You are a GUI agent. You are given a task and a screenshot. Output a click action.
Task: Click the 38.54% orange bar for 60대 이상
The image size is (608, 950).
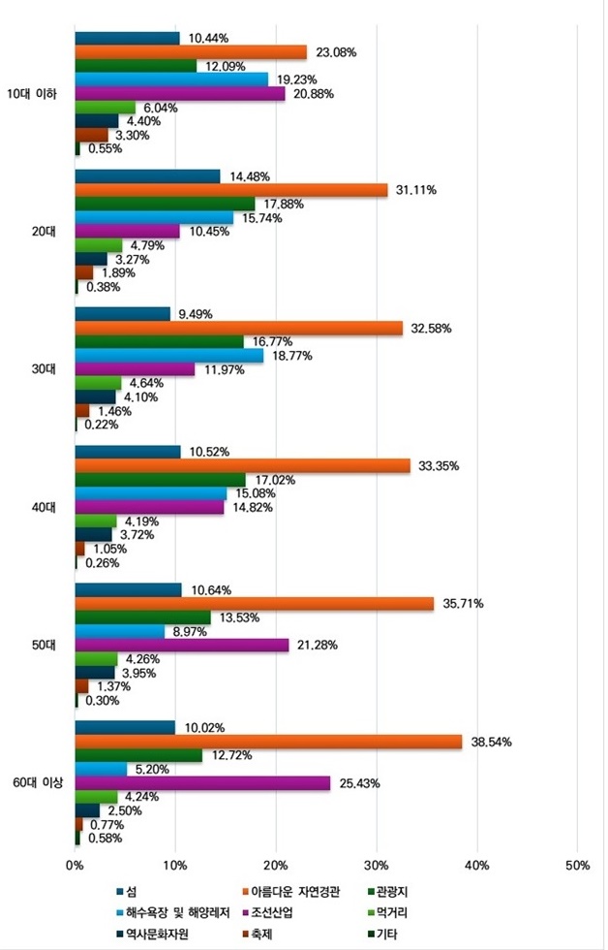[x=268, y=742]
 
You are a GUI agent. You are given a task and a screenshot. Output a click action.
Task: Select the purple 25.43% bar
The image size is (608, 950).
[x=202, y=782]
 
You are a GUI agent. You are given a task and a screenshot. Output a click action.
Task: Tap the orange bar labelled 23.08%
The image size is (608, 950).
[x=191, y=52]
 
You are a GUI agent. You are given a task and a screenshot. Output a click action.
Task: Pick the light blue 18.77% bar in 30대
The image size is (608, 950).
[x=168, y=356]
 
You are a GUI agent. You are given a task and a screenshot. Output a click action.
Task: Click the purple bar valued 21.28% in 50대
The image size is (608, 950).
[x=182, y=645]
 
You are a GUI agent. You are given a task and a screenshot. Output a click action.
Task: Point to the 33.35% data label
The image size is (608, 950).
[x=440, y=466]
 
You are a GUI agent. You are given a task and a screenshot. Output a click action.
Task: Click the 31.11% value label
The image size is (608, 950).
[x=417, y=190]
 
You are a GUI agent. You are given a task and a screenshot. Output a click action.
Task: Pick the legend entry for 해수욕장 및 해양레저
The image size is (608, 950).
[x=178, y=912]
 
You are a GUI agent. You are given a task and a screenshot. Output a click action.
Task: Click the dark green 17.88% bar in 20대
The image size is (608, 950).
[x=165, y=204]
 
